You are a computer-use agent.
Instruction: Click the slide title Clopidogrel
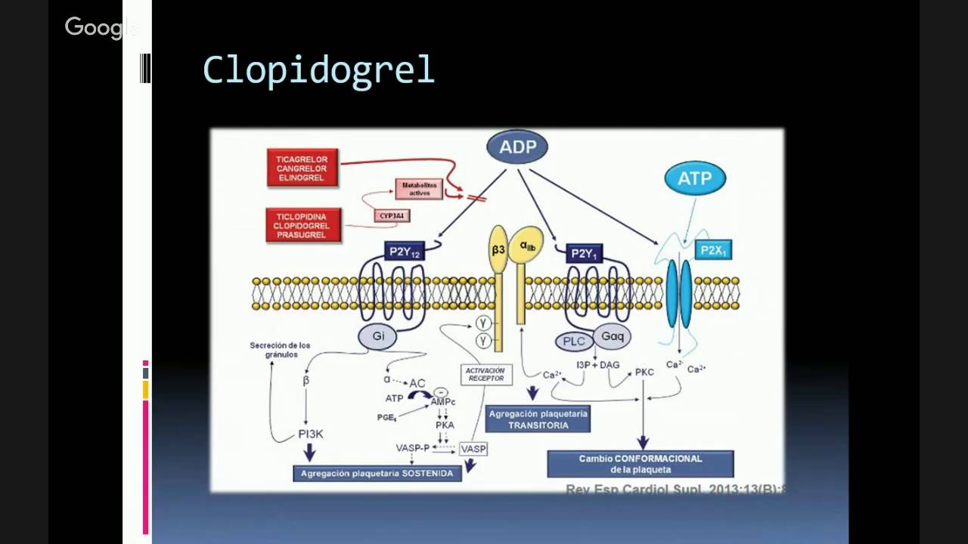click(318, 70)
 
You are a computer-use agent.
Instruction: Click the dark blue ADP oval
click(517, 147)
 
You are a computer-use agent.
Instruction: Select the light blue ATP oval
click(694, 178)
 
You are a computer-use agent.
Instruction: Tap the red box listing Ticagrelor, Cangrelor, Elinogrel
click(302, 168)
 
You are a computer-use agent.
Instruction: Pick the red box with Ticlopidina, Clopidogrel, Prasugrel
click(302, 225)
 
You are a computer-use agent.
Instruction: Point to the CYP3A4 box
click(392, 216)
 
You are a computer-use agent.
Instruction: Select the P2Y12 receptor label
click(405, 251)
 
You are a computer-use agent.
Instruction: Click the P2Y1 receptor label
click(584, 253)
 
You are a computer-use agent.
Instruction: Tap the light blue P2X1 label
click(712, 249)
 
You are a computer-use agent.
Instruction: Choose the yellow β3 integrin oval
click(498, 249)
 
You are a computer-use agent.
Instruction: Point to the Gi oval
click(378, 336)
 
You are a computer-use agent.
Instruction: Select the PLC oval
click(574, 342)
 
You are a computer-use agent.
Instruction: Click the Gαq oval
click(612, 336)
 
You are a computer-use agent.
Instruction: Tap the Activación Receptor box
click(486, 374)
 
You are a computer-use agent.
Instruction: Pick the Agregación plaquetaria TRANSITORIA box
click(538, 419)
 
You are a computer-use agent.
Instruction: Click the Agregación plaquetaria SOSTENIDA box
click(377, 474)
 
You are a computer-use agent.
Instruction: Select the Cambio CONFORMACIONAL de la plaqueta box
click(640, 464)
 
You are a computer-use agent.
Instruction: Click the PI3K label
click(310, 434)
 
